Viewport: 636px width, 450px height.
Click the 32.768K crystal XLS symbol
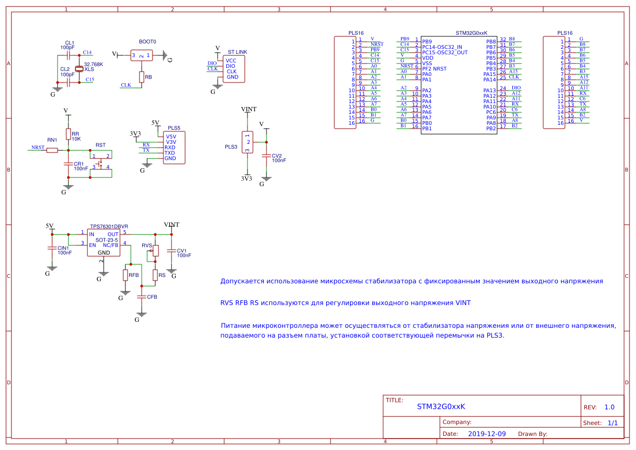(79, 69)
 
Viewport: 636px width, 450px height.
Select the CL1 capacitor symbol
(68, 55)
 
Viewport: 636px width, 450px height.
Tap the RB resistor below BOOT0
(142, 77)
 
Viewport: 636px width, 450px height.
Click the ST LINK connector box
(234, 69)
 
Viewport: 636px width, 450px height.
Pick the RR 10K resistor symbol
(68, 134)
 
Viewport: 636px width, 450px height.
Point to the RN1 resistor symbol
(52, 150)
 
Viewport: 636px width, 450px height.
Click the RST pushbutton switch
(100, 164)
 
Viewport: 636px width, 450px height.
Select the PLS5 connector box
(174, 148)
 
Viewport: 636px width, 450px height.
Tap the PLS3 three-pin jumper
(247, 142)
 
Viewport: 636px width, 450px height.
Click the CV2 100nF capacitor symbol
(266, 156)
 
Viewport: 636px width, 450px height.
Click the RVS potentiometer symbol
(155, 251)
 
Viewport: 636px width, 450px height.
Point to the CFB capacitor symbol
(142, 297)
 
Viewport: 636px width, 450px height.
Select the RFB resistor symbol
(125, 275)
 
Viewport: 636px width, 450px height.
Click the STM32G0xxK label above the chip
(472, 33)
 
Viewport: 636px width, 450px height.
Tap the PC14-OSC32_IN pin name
(442, 47)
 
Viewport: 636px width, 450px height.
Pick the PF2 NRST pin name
(435, 69)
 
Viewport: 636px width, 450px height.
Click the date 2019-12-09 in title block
(487, 434)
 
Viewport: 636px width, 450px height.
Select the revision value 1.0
(609, 407)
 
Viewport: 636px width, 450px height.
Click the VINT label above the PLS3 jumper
(249, 109)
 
